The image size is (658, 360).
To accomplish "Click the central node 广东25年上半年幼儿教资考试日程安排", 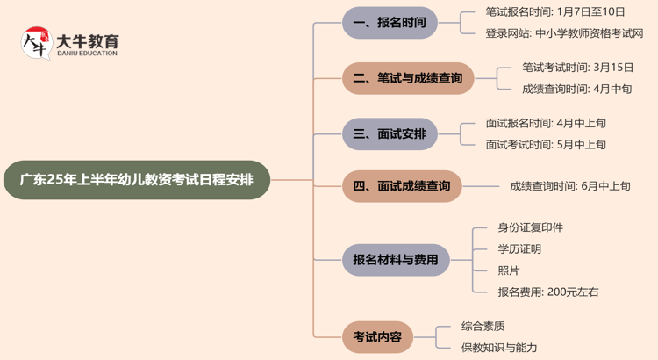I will click(136, 180).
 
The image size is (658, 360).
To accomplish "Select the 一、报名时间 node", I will click(389, 23).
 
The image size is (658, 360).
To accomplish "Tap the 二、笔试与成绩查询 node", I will click(408, 78).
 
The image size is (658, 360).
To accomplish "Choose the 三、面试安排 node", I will click(389, 134).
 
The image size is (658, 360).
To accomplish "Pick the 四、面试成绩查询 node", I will click(402, 186).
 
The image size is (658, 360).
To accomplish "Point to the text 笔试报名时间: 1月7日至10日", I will click(555, 12).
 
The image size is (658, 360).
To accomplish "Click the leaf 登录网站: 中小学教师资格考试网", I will click(564, 33).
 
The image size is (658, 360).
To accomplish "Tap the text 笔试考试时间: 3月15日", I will click(576, 67).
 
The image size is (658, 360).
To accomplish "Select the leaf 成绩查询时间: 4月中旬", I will click(576, 89).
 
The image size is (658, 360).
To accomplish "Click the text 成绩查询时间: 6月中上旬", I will click(570, 186).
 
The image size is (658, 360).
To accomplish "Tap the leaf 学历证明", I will click(519, 249).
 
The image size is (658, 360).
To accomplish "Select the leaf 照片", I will click(508, 270).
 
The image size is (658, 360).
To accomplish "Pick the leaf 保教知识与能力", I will click(499, 348).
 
